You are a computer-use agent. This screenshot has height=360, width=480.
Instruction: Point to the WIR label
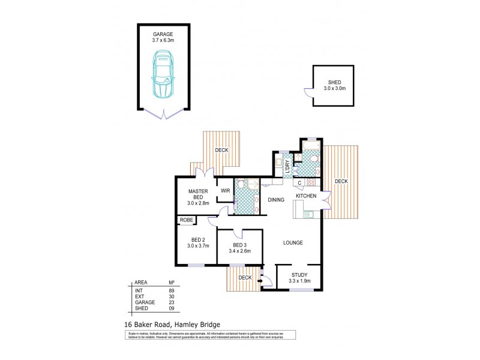(226, 191)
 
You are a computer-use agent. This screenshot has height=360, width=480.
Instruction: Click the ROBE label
(185, 221)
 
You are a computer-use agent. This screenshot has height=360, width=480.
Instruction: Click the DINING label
(276, 201)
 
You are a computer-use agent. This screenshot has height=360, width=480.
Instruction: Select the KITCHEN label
(305, 196)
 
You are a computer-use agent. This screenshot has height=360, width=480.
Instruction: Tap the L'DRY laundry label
(288, 165)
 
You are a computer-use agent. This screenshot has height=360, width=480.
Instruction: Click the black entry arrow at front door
(262, 278)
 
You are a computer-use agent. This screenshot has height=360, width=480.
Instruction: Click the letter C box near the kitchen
(299, 182)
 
